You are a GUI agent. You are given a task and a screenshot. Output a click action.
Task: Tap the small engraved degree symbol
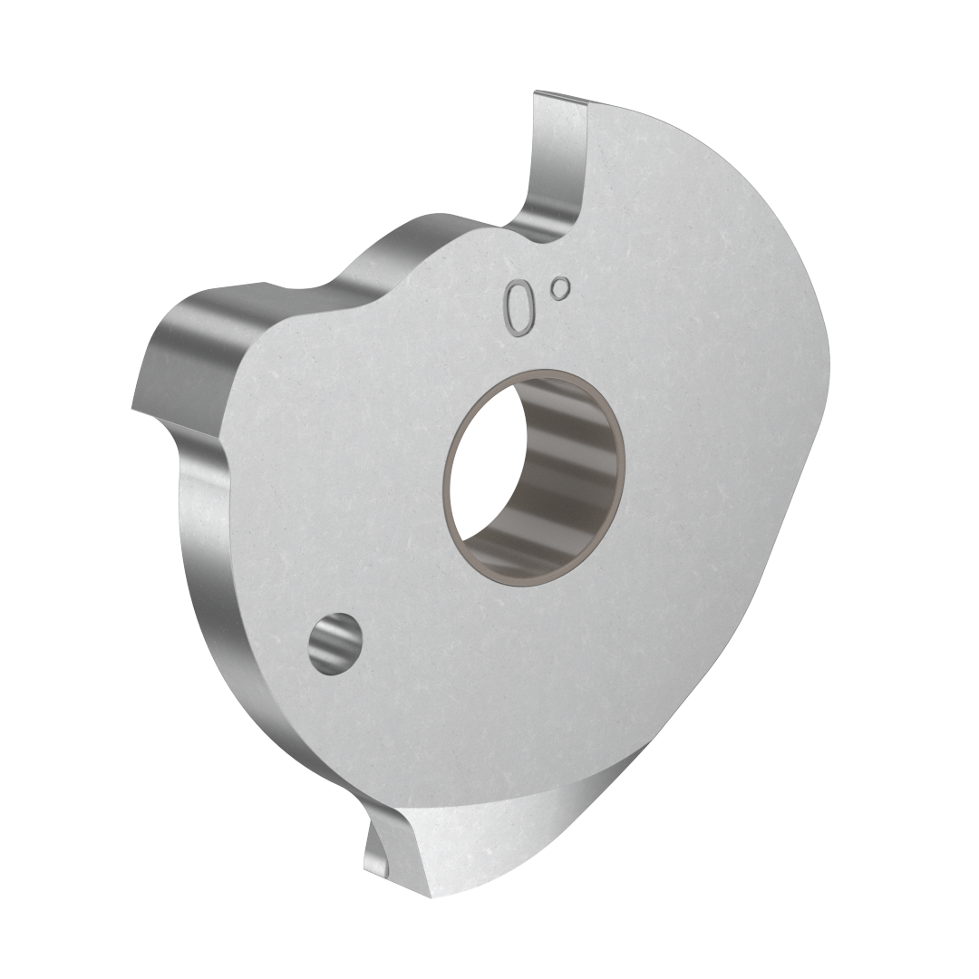point(561,288)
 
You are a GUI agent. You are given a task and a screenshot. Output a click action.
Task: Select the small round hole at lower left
point(334,644)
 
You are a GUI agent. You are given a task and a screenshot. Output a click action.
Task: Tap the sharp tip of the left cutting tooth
point(133,408)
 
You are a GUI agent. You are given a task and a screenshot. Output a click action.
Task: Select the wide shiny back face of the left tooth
point(190,354)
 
